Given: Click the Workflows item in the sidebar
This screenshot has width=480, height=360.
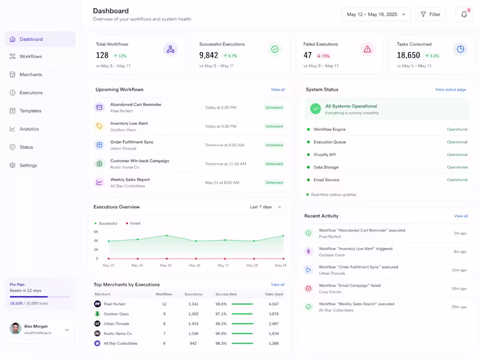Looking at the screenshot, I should click(x=30, y=56).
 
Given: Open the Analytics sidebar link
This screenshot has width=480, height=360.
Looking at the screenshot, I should click(x=29, y=129).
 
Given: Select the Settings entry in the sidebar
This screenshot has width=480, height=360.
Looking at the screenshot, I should click(x=28, y=165).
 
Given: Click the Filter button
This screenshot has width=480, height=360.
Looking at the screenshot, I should click(x=430, y=14).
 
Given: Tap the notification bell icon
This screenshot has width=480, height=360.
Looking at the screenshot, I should click(x=464, y=14).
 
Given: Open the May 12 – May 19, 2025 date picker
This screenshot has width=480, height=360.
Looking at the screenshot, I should click(x=376, y=14).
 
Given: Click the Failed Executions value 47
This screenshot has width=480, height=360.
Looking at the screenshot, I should click(x=308, y=55).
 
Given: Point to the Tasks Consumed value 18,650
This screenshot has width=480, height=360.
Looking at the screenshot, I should click(x=408, y=55).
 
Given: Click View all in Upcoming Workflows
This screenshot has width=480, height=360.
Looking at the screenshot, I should click(x=278, y=89).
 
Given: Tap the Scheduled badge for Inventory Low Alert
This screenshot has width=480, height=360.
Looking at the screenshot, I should click(x=274, y=127).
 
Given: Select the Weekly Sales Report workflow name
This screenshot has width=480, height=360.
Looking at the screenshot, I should click(x=130, y=179).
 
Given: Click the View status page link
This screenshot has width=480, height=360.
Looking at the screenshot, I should click(x=451, y=89).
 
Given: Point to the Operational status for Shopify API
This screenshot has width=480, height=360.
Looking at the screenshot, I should click(x=457, y=155).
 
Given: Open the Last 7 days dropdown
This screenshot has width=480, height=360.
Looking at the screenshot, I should click(x=265, y=207).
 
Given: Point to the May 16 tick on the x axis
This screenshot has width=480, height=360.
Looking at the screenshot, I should click(x=194, y=265).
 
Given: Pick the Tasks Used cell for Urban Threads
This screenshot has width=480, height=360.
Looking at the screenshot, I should click(x=274, y=324).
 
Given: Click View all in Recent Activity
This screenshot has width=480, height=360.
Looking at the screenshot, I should click(x=461, y=216).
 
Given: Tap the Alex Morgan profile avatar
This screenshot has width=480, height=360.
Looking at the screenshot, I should click(x=16, y=328).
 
